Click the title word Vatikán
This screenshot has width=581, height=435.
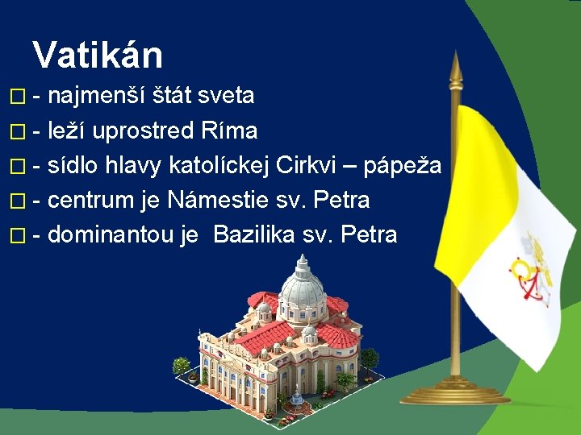pos(98,55)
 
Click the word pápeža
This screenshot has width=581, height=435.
pos(403,166)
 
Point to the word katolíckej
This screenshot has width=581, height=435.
pos(219,165)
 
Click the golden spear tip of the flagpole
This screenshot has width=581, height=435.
pos(455,68)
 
